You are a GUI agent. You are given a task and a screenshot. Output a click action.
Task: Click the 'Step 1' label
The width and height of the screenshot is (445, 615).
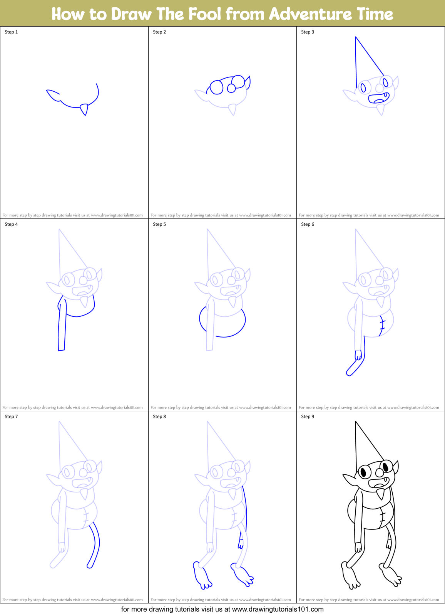[x=11, y=32]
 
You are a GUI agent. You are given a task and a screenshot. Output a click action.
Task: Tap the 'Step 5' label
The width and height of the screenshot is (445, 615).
[x=159, y=224]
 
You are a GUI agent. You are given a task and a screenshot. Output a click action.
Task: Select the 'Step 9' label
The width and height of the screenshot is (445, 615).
[x=308, y=417]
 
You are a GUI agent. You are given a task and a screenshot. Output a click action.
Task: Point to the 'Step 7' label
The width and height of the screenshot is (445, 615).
[x=11, y=417]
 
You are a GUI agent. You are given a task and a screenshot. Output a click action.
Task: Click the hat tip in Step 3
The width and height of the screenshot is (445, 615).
[x=356, y=37]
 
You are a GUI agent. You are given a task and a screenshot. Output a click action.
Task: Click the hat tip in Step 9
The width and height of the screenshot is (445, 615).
[x=356, y=422]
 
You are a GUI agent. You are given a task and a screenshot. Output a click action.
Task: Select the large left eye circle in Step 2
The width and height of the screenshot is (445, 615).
[x=216, y=87]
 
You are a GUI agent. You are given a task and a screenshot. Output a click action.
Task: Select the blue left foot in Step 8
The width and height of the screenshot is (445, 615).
[x=201, y=576]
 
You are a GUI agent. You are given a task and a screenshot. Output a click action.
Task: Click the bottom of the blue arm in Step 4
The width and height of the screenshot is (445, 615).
[x=61, y=350]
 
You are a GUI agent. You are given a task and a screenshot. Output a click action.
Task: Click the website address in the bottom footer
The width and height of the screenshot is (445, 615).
[x=278, y=609]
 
